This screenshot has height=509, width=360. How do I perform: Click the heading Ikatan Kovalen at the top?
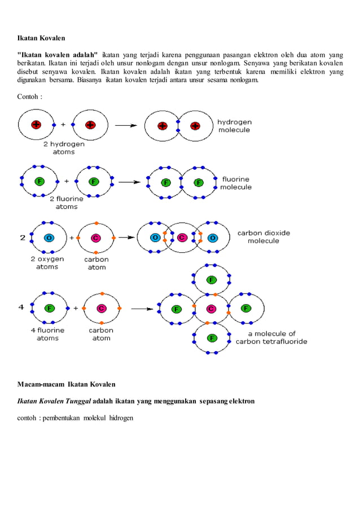tap(41, 39)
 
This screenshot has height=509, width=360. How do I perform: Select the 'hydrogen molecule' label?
tap(235, 126)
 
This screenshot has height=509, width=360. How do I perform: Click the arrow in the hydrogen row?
tap(125, 126)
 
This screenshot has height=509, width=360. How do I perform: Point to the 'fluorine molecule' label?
tap(236, 183)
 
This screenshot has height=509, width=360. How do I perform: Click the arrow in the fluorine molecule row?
tap(129, 182)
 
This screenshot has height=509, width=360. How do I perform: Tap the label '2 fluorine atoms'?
tap(67, 203)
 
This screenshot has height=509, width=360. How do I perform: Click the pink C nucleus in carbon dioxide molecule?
tap(182, 238)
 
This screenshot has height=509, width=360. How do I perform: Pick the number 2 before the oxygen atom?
tap(23, 238)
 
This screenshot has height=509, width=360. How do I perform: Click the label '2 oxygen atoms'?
tap(47, 263)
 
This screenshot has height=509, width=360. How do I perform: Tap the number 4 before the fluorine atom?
tap(21, 308)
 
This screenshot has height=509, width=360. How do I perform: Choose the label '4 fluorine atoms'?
tap(47, 334)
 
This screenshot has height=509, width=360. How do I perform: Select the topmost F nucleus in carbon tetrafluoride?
tap(211, 279)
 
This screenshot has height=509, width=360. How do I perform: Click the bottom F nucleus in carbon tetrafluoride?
tap(212, 337)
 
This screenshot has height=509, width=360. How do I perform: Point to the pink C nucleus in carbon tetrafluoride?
tap(211, 309)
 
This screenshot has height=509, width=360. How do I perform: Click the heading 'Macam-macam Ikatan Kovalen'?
tap(66, 384)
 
